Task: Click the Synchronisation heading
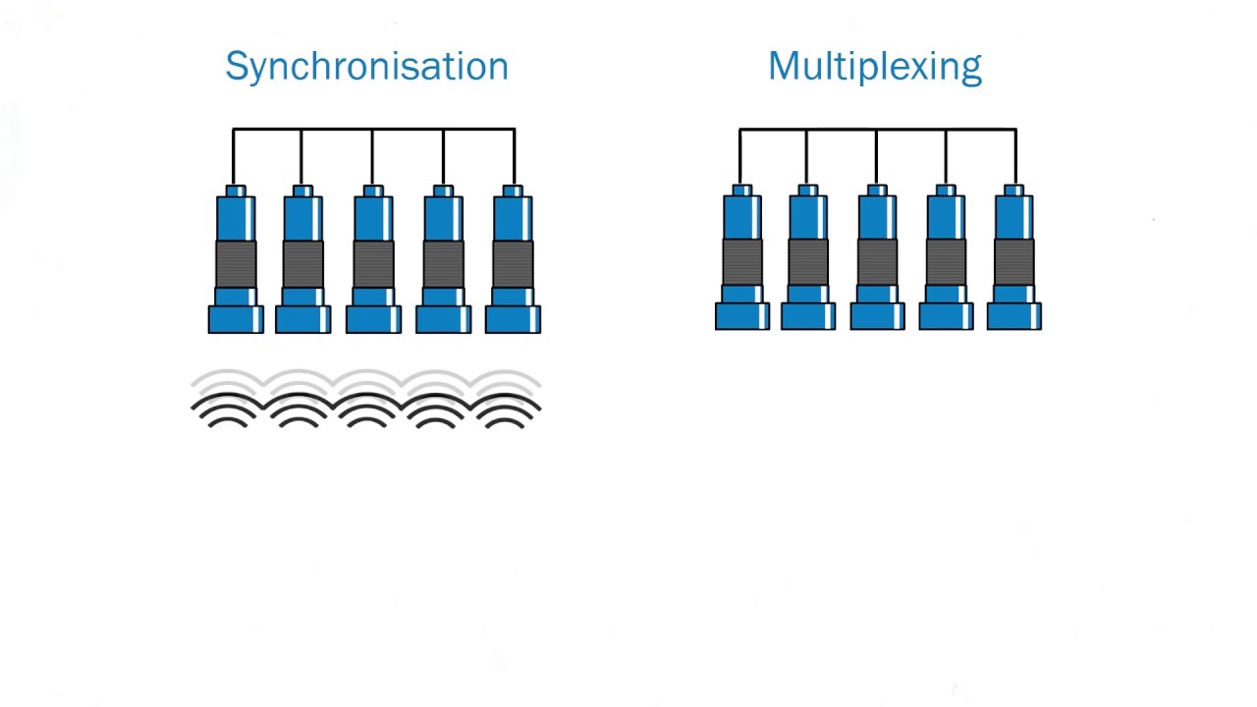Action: [367, 67]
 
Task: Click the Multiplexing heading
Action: [875, 67]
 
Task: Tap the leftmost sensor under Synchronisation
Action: [236, 259]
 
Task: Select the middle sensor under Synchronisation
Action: [373, 259]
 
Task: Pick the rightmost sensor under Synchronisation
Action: [513, 259]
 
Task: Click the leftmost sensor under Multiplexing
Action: [742, 257]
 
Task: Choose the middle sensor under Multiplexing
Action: [877, 257]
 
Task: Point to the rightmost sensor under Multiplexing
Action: [1014, 257]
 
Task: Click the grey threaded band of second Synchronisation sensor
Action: [303, 264]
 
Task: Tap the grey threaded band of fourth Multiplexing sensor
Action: [946, 262]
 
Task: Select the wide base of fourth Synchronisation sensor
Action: [443, 319]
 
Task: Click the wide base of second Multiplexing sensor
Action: [808, 316]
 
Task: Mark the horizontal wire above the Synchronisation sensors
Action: [374, 130]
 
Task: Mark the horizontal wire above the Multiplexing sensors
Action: [878, 130]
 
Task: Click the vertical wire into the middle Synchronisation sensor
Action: [372, 158]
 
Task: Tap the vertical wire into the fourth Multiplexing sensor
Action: [946, 157]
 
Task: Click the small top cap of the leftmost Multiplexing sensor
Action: [742, 190]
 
